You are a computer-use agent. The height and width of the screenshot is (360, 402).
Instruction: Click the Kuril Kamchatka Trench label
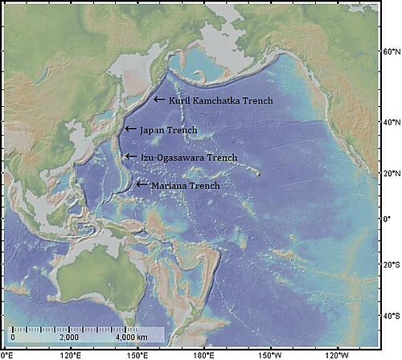coord(219,100)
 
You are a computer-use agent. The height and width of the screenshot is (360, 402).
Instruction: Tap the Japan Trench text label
coord(168,129)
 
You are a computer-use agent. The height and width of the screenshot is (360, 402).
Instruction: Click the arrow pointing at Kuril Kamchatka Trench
coord(159,100)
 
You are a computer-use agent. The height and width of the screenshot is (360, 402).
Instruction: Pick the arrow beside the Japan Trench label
coord(130,129)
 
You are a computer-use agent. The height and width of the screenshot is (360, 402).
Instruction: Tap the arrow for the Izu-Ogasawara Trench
coord(130,157)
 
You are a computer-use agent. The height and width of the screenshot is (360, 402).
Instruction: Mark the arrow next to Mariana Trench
coord(142,185)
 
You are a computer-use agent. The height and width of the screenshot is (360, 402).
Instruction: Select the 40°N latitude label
coord(390,121)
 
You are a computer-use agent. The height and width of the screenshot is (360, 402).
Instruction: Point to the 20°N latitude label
coord(390,173)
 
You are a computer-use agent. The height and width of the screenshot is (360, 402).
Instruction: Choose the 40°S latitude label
coord(390,316)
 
